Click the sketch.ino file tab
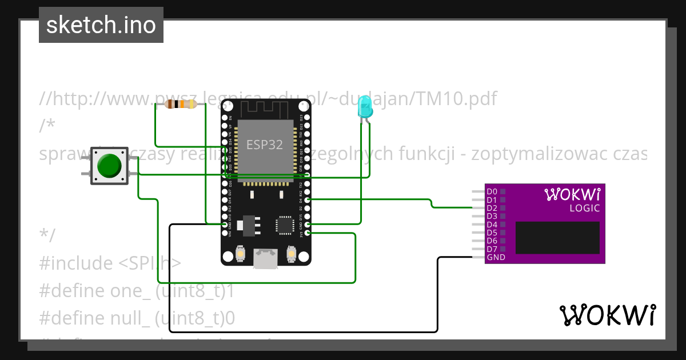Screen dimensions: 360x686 point(101,25)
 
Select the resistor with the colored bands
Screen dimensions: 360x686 point(181,104)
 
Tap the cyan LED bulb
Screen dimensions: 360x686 point(364,107)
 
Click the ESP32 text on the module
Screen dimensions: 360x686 point(265,145)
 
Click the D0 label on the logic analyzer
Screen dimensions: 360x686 point(492,191)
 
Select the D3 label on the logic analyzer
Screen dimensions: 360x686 point(492,216)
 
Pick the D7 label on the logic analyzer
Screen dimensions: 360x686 point(492,249)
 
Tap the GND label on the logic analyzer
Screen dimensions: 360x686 point(495,258)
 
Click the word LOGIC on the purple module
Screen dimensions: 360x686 point(584,209)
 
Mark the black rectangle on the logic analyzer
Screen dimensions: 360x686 point(557,238)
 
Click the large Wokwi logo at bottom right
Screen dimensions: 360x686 point(607,315)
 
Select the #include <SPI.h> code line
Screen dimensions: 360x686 point(110,263)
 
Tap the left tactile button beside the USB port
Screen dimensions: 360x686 point(241,254)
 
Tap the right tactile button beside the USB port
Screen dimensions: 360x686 point(291,254)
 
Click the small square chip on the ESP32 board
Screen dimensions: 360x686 point(285,225)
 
